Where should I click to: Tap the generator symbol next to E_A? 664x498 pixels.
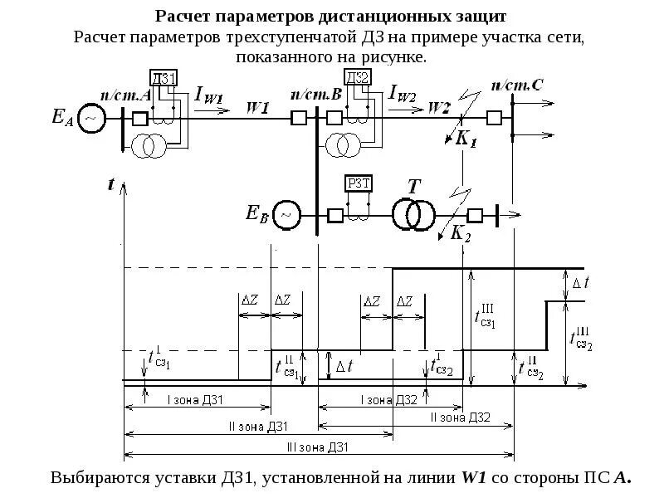(x=91, y=119)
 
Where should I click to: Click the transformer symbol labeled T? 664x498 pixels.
(x=413, y=212)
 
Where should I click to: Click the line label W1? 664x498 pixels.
(x=258, y=107)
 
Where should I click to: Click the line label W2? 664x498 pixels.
(x=439, y=107)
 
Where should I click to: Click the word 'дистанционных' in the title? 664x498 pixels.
(x=373, y=17)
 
